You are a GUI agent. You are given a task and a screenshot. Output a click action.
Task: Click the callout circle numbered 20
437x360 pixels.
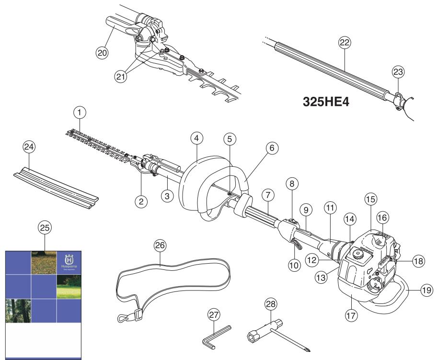pyautogui.click(x=101, y=53)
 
